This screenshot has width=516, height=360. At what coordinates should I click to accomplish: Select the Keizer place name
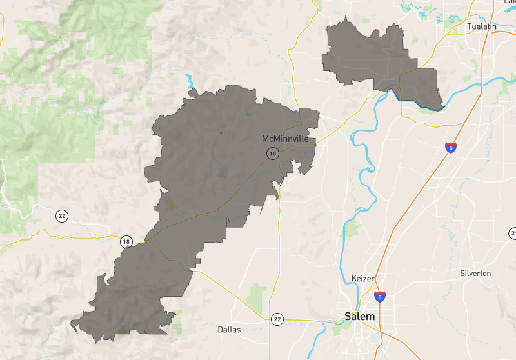coord(362,278)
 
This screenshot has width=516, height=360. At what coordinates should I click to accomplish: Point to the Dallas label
coord(229,329)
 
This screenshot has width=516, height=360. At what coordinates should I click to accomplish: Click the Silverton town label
coord(475,274)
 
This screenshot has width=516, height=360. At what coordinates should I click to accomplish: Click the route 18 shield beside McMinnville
coord(273,154)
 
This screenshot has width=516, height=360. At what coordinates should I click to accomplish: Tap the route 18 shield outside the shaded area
coord(126,242)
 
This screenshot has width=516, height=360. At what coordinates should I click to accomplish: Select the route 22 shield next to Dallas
coord(277,319)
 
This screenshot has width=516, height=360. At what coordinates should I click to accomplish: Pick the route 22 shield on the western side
coord(61,215)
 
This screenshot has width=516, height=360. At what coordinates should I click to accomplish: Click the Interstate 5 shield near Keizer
coord(381,296)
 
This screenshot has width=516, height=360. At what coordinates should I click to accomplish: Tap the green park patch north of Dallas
coord(256,292)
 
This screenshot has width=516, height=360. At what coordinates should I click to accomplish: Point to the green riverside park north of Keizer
coord(352,228)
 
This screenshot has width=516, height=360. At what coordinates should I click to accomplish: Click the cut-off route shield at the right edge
coord(513,233)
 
